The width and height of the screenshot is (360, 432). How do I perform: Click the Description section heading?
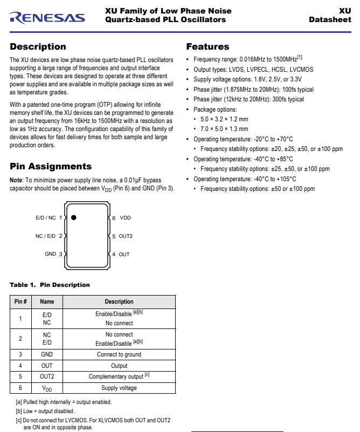tap(38, 46)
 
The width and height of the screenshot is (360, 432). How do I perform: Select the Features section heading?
tap(207, 46)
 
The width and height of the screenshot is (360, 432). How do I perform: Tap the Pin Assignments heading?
tap(51, 166)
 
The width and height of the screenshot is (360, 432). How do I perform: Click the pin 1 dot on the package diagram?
tap(73, 217)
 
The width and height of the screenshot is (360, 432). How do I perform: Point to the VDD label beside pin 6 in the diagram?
tap(125, 218)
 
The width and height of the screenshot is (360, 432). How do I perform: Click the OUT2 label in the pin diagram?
tap(126, 236)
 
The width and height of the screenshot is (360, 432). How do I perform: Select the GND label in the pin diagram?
tap(50, 254)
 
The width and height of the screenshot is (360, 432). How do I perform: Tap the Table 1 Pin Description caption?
tap(50, 285)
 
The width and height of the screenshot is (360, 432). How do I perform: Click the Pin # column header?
tap(20, 301)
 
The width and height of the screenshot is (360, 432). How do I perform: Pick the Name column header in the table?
tap(47, 301)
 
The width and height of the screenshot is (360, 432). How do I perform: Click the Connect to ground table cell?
tap(119, 354)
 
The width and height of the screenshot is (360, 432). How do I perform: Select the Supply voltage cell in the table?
tap(119, 388)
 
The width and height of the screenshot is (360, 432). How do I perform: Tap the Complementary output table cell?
tap(119, 376)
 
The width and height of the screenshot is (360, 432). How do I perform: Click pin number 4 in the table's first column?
tap(20, 366)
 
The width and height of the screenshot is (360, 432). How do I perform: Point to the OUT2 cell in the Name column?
tap(47, 376)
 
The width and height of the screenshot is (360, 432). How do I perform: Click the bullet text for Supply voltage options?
tap(247, 79)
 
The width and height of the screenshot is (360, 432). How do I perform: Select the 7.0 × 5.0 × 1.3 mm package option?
tap(224, 129)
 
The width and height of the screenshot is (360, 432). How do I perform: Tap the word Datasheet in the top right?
tap(330, 20)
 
